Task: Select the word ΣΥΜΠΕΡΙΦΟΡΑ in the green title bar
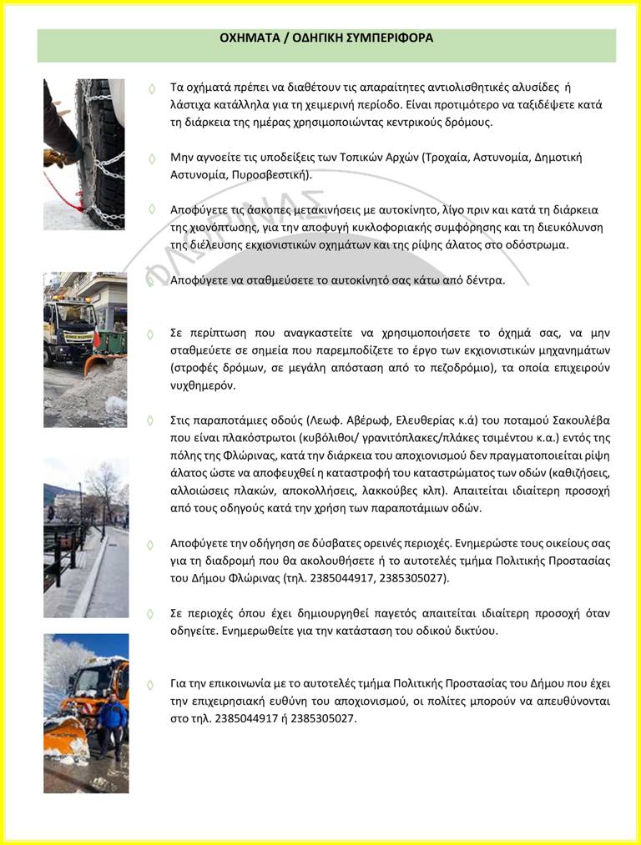click(x=392, y=38)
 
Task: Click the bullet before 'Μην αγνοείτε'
click(x=151, y=158)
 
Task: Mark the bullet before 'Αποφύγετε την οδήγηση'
click(x=151, y=544)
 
